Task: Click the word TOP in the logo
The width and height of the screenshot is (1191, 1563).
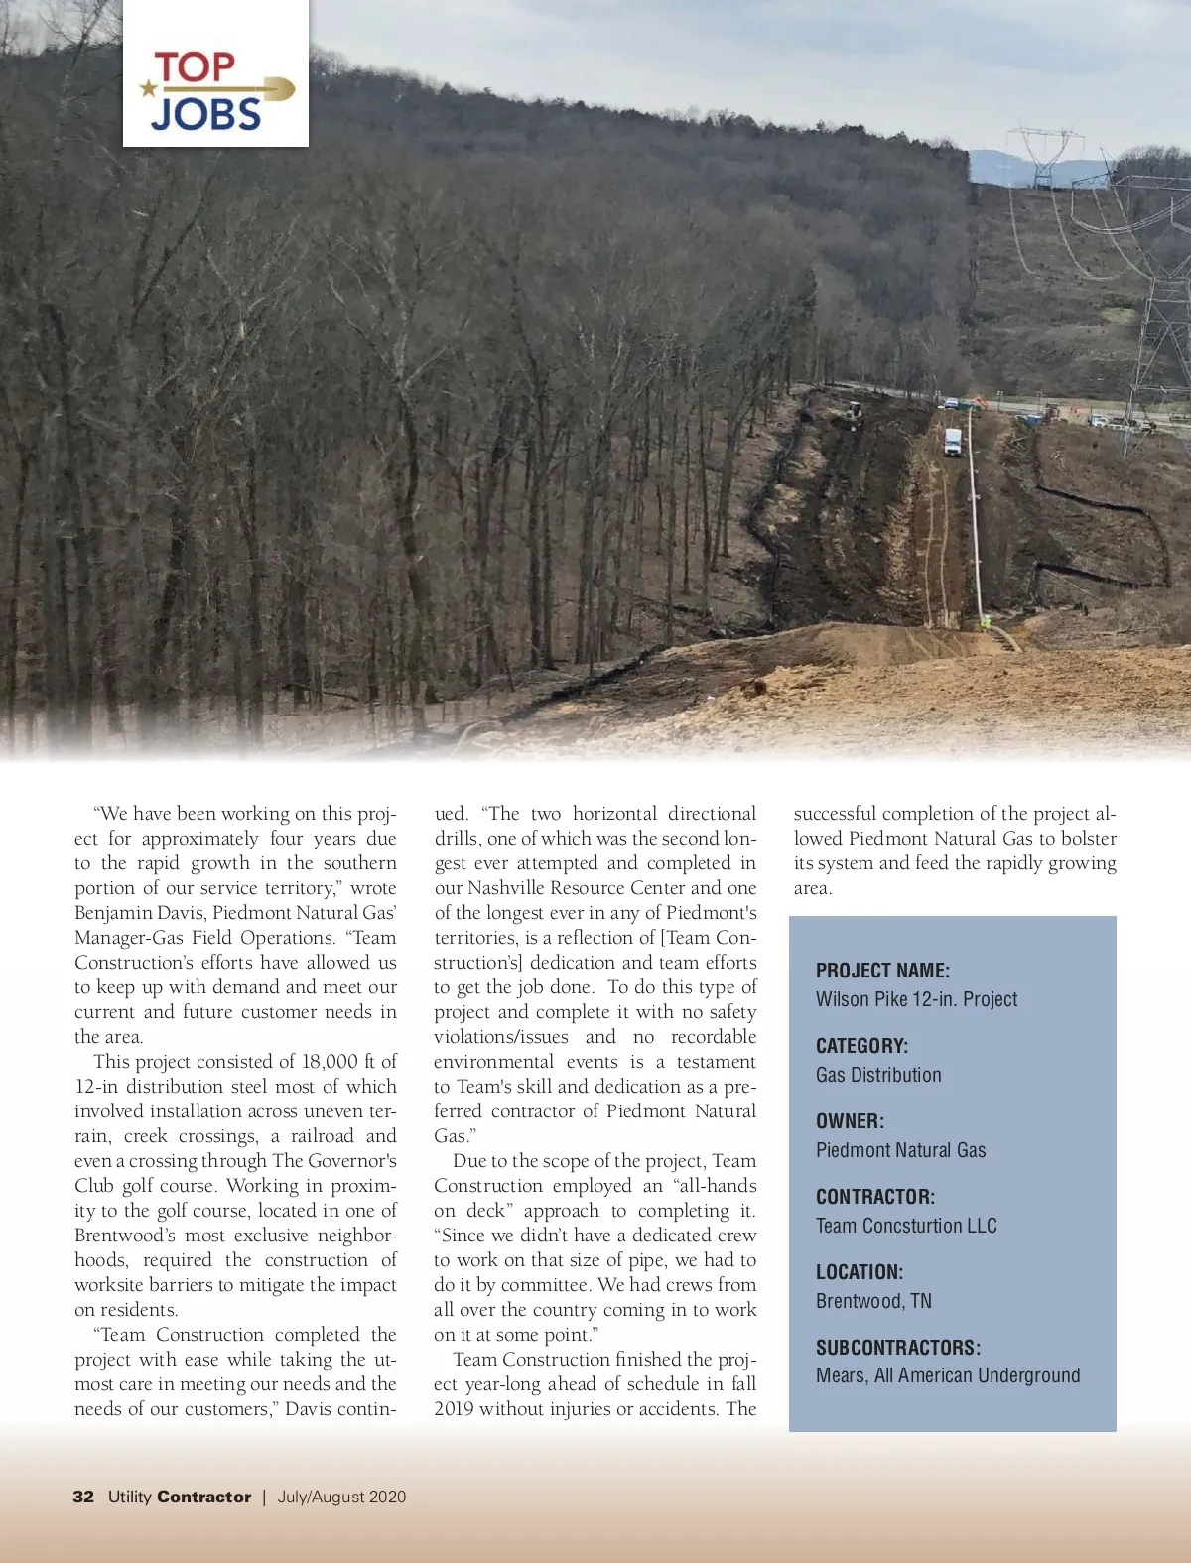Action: click(x=195, y=67)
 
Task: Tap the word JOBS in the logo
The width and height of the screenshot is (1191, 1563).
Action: click(x=206, y=114)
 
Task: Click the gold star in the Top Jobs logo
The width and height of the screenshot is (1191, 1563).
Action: click(x=149, y=89)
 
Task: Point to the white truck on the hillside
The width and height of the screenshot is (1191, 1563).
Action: click(x=953, y=442)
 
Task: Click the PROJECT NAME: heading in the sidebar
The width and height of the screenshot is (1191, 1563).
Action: click(x=882, y=971)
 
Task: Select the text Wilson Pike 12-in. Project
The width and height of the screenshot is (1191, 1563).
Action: click(x=916, y=999)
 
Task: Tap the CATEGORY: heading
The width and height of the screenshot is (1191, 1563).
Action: click(x=861, y=1046)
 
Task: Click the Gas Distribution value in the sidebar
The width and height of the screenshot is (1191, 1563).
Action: click(x=878, y=1075)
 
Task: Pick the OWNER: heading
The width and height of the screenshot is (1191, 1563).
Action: click(x=850, y=1121)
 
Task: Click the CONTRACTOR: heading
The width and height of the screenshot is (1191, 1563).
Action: click(x=875, y=1197)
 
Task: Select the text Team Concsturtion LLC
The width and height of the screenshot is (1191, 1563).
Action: click(x=906, y=1226)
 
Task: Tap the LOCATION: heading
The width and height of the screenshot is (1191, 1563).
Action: click(x=860, y=1272)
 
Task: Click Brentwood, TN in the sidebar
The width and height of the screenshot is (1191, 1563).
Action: click(x=873, y=1301)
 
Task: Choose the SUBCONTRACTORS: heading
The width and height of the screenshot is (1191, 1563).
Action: click(x=898, y=1348)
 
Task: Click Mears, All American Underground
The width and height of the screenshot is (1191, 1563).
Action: click(x=948, y=1375)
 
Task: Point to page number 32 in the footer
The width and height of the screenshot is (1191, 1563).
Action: click(x=83, y=1497)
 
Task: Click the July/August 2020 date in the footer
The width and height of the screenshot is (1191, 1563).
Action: click(x=341, y=1497)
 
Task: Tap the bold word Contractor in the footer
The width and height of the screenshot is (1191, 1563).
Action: click(x=203, y=1497)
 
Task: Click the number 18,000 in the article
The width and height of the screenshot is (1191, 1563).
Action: click(x=330, y=1062)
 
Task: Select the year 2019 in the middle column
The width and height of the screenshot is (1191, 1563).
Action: click(x=454, y=1409)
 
